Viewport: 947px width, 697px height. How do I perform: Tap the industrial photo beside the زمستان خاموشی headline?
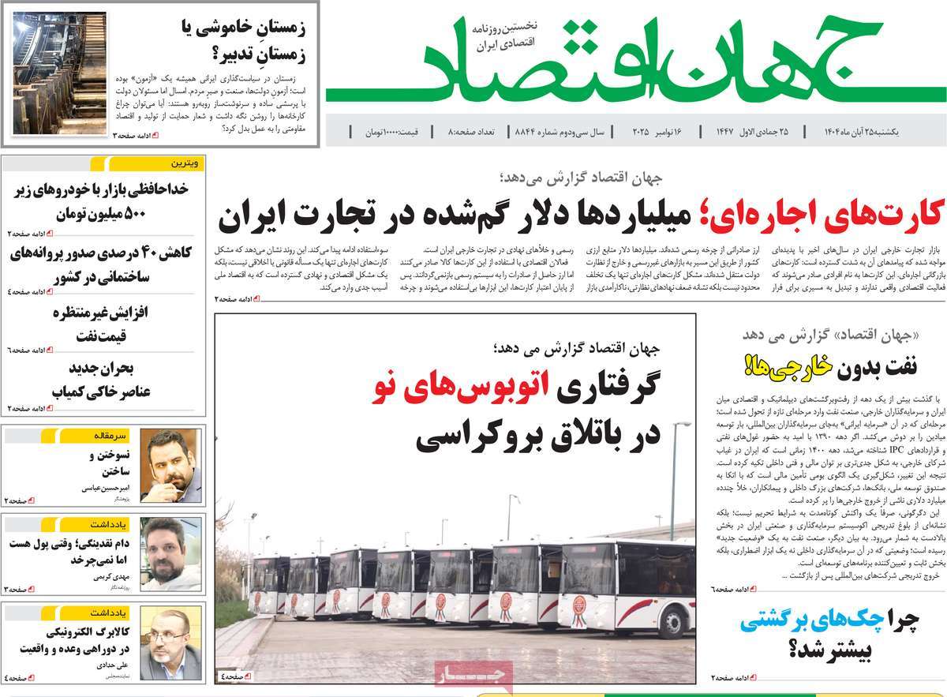(60, 73)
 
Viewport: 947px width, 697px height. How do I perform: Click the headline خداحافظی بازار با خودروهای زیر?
(103, 190)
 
